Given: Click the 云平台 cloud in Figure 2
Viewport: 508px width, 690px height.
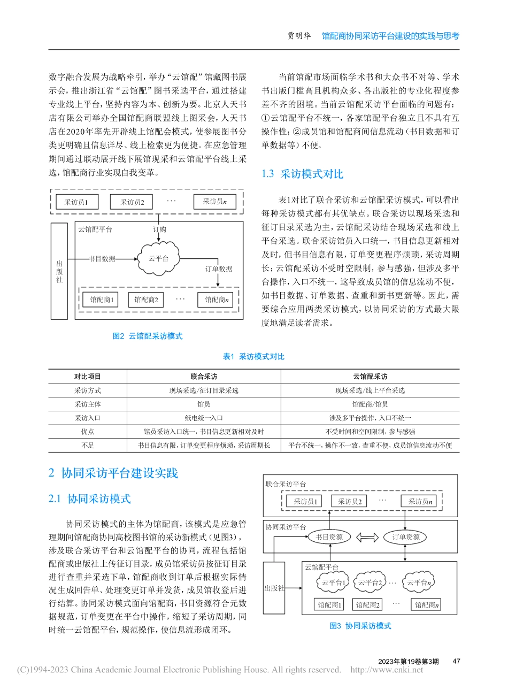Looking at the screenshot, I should [x=159, y=258].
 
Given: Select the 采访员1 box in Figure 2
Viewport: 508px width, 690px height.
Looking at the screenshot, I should [x=76, y=202].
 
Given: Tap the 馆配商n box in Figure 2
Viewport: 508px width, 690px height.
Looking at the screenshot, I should [x=217, y=300].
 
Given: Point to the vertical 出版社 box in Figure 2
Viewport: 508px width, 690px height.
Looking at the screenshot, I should [x=59, y=271].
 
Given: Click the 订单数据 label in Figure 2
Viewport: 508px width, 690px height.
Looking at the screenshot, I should [x=219, y=269].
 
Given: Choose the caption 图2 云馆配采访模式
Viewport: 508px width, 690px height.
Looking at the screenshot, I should [x=148, y=336].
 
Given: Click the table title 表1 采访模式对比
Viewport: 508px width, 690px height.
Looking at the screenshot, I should [x=253, y=356].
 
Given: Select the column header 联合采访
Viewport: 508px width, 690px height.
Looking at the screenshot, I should [x=204, y=377].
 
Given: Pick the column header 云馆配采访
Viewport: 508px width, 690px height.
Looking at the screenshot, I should [x=370, y=377].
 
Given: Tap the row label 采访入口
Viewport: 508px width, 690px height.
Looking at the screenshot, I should [x=88, y=418].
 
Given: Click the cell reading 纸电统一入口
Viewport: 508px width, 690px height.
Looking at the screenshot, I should [x=204, y=418].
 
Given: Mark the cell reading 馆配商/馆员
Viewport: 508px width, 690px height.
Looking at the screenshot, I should [x=370, y=404].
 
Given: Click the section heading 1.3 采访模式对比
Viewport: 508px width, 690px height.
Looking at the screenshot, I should [x=302, y=174].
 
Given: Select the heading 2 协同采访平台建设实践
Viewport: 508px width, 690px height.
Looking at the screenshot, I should [x=113, y=473].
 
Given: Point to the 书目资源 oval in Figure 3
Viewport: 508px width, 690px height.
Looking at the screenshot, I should [x=329, y=537].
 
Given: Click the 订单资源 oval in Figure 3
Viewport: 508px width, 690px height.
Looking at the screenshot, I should [x=406, y=537].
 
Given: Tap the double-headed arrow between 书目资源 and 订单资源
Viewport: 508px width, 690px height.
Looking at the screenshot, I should [x=367, y=537].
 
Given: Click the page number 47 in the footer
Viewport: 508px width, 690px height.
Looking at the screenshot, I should [x=456, y=661].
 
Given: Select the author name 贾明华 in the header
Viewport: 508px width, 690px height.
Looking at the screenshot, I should [x=299, y=36].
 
